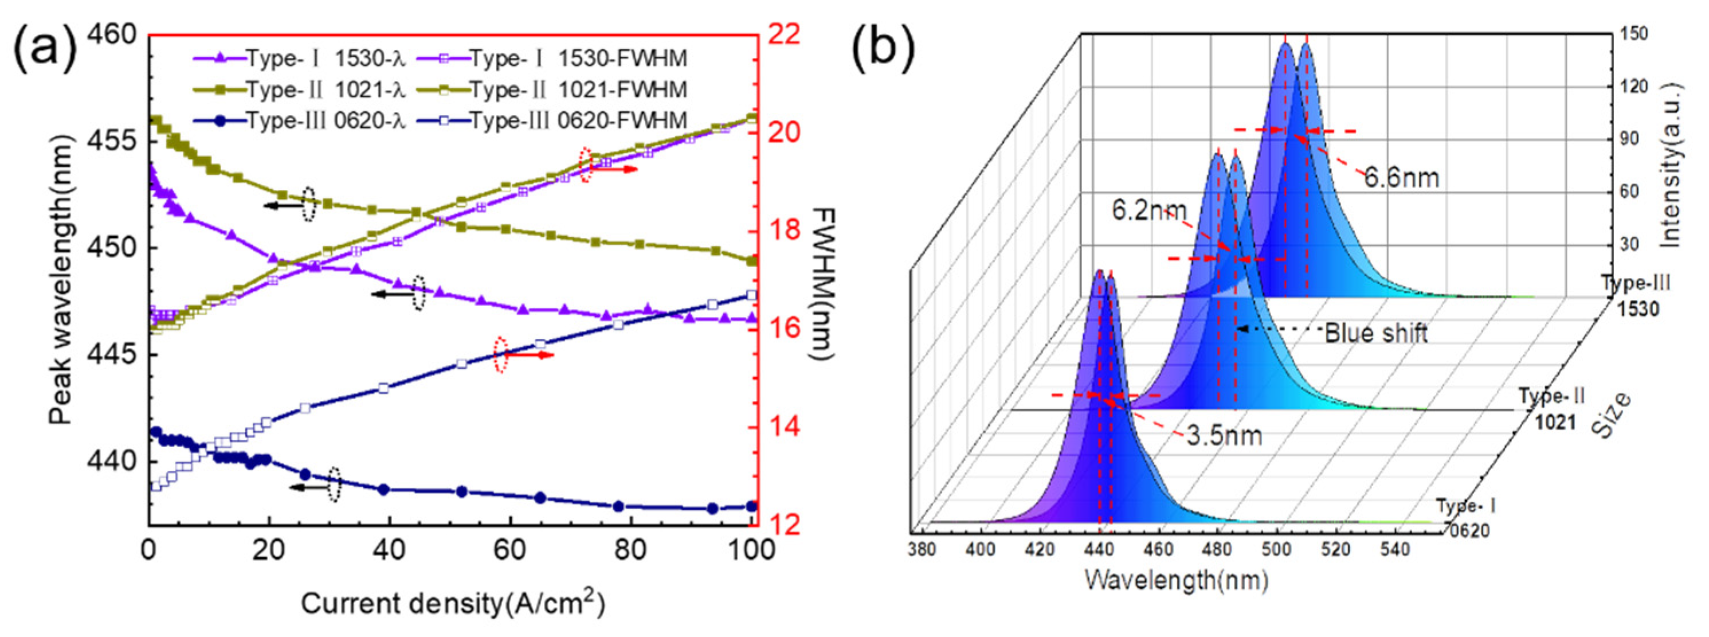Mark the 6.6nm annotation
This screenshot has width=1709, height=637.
[1401, 178]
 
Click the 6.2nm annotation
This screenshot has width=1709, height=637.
[1149, 211]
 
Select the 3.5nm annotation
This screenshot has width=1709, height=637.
[1224, 436]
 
